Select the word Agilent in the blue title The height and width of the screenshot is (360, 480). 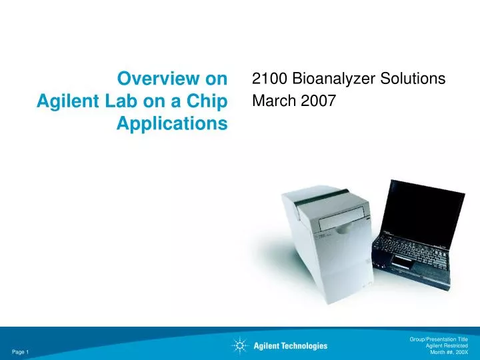coord(64,101)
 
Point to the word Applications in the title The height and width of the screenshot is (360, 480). coord(171,123)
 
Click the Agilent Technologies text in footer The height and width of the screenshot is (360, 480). coord(291,345)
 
